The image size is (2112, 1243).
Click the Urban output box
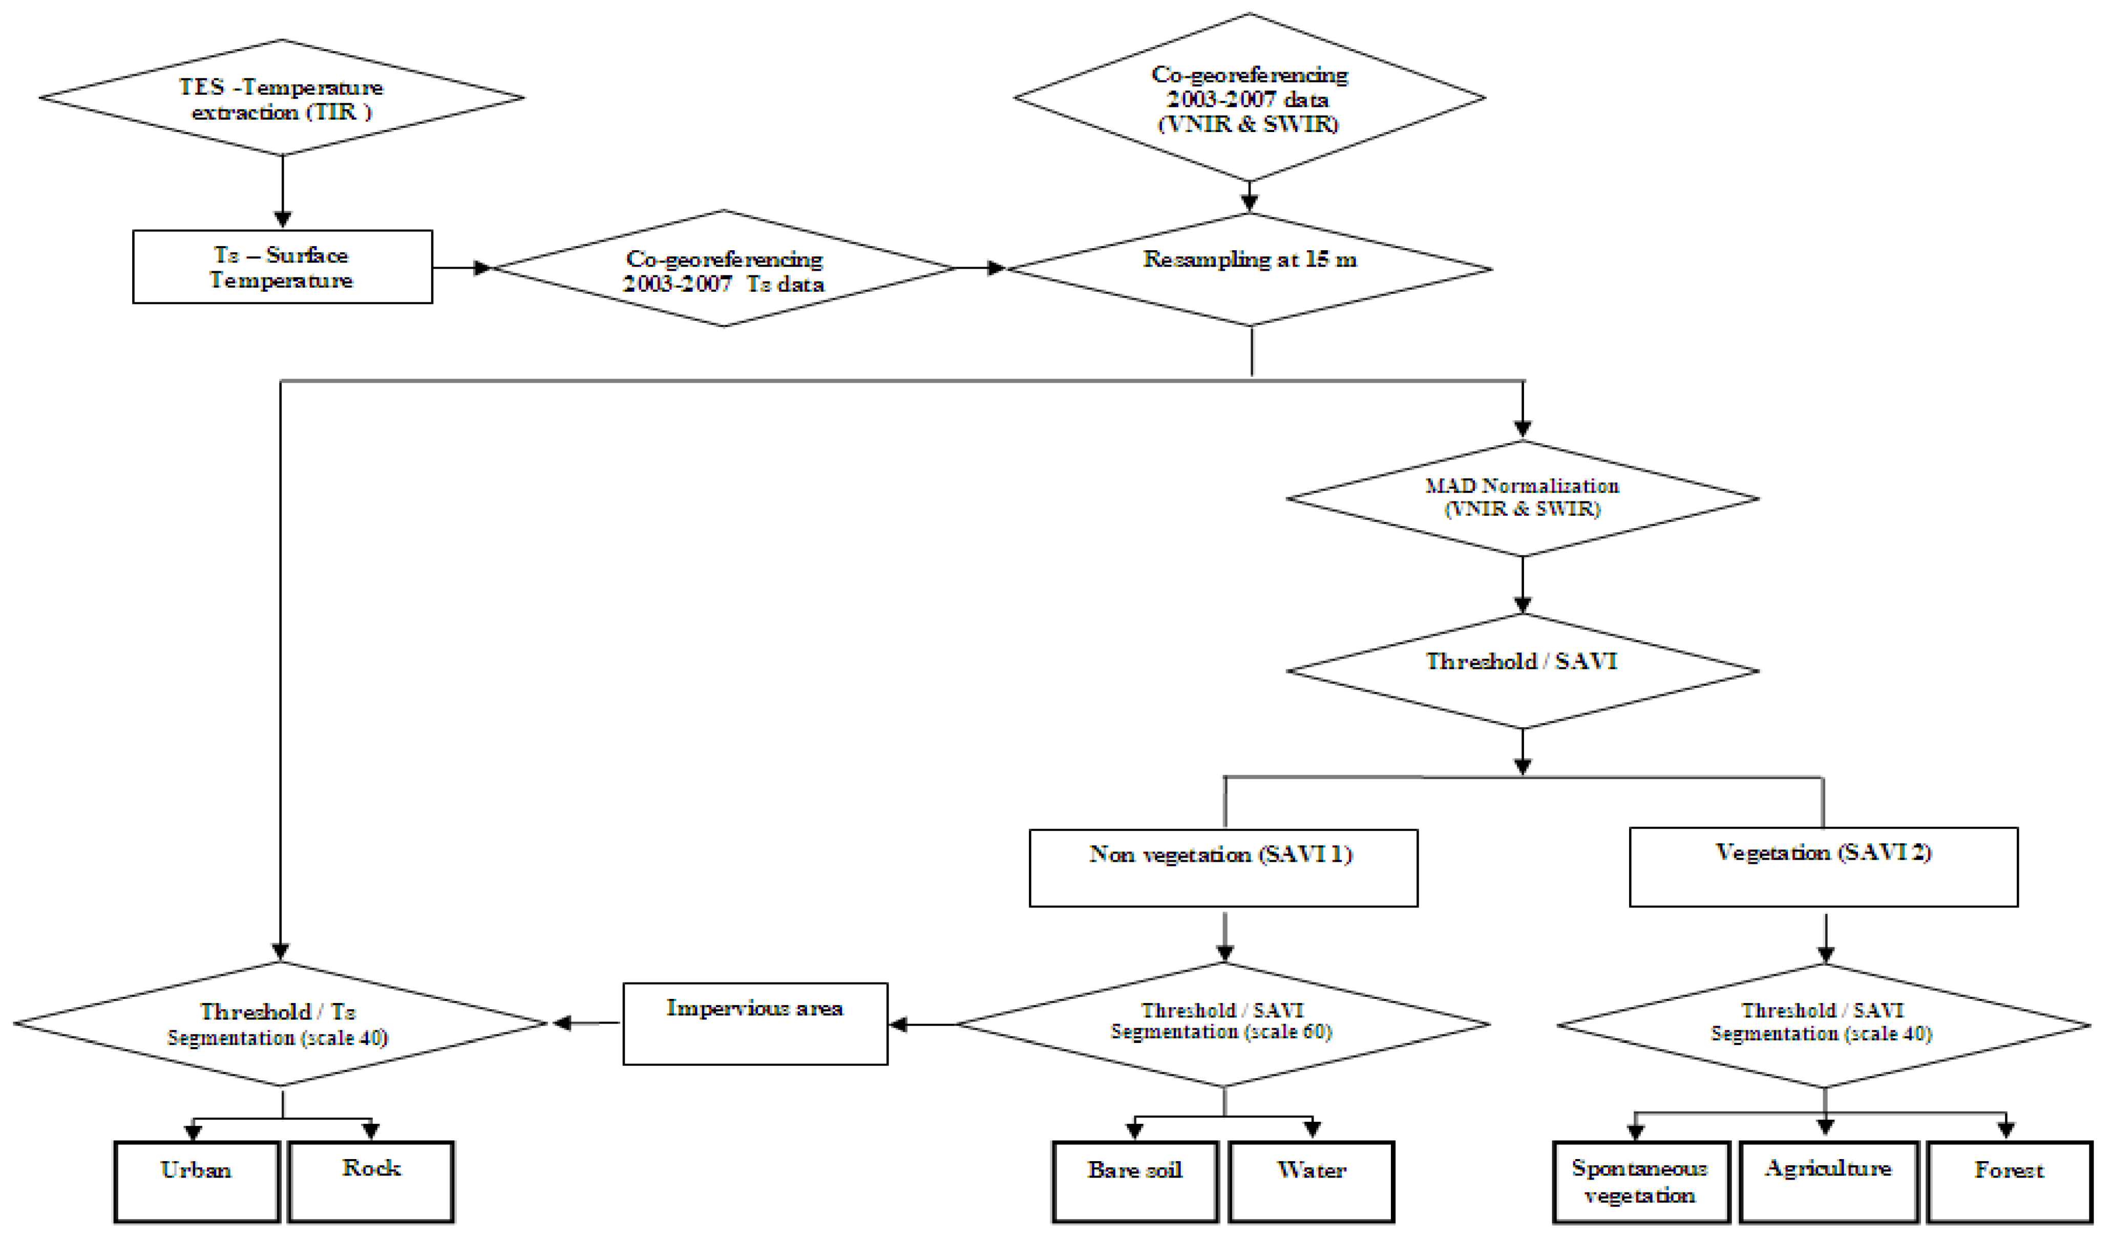(x=196, y=1181)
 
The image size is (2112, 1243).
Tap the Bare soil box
(x=1135, y=1181)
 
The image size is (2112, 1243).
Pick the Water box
(x=1312, y=1181)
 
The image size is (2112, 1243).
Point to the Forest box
(x=2009, y=1181)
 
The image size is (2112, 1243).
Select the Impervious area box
(x=755, y=1023)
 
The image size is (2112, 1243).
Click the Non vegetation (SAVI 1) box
(x=1223, y=868)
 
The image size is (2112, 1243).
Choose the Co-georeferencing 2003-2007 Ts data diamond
(x=724, y=269)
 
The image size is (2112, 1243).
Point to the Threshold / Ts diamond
(x=280, y=1023)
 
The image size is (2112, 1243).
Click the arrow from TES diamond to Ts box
(x=283, y=192)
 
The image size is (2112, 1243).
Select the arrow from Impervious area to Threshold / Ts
(x=587, y=1023)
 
